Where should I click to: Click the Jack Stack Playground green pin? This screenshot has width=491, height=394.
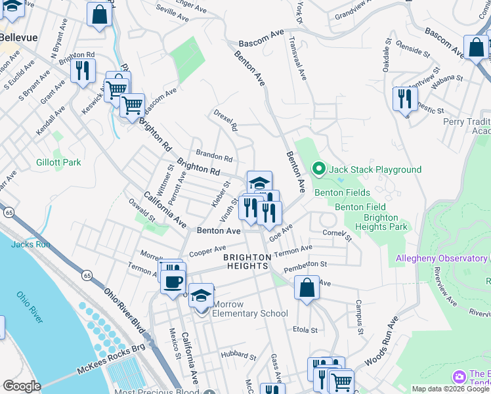click(x=319, y=169)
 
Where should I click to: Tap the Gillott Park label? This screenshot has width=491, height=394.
click(x=58, y=162)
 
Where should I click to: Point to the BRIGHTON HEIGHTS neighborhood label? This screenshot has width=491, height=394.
click(x=246, y=261)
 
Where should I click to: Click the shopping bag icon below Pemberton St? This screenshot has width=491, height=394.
click(x=307, y=288)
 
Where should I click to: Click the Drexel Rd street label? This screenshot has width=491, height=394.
click(x=225, y=120)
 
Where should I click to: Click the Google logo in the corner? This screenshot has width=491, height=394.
click(x=22, y=386)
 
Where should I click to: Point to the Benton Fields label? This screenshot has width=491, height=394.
click(x=338, y=192)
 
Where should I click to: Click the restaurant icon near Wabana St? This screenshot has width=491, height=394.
click(x=402, y=98)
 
